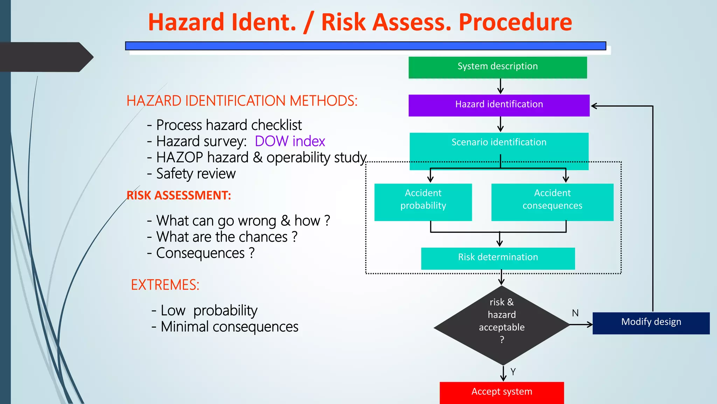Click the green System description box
(x=497, y=67)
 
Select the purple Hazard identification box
(x=499, y=105)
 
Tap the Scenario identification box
(x=499, y=147)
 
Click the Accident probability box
(x=423, y=202)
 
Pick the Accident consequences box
(x=552, y=202)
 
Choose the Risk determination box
(x=498, y=258)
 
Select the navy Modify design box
(x=651, y=323)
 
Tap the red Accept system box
(x=502, y=392)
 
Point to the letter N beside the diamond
(x=575, y=313)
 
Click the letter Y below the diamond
(x=513, y=372)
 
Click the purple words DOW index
(x=290, y=141)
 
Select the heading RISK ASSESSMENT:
(x=179, y=195)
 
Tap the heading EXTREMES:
(x=165, y=285)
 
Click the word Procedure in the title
(x=515, y=22)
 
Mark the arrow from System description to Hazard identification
(x=501, y=86)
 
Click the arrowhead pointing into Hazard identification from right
(x=594, y=106)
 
